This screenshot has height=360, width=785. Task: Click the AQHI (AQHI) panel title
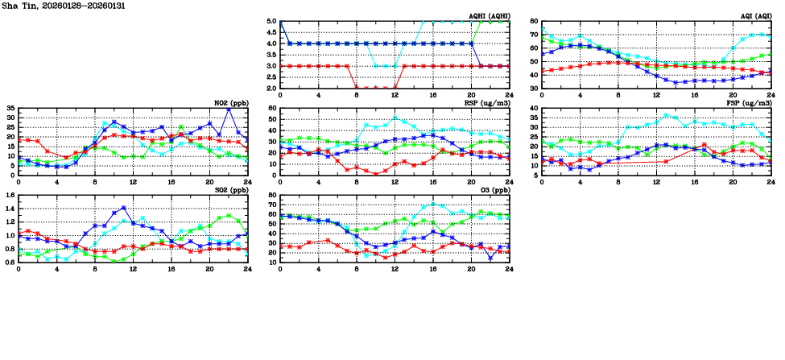pos(488,16)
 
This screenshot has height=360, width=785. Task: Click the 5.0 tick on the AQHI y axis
pos(271,23)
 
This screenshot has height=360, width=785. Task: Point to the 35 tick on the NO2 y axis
pos(10,108)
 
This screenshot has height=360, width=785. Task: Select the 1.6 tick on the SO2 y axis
pos(9,195)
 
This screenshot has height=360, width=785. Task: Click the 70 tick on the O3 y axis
pos(273,205)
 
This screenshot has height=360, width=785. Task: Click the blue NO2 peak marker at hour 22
pos(229,109)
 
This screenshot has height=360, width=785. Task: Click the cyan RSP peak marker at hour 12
pos(395,117)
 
